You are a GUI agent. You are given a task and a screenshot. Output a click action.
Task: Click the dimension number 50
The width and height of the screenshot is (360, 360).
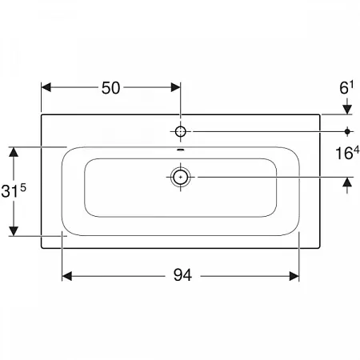point(110,88)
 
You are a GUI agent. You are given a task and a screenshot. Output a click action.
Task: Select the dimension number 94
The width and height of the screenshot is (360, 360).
point(182,275)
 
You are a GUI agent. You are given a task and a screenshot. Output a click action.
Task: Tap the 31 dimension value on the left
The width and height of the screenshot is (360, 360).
point(10,191)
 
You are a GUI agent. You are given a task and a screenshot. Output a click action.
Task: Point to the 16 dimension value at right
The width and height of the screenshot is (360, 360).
point(343,154)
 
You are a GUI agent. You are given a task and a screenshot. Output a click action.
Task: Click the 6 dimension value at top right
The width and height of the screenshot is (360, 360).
point(344,88)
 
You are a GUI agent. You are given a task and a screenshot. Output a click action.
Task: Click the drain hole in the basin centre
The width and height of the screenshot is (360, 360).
point(181,177)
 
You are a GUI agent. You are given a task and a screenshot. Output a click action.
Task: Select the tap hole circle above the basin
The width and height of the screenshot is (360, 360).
point(181,131)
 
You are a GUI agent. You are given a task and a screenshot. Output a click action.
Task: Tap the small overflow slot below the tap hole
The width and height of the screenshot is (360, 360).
point(181,150)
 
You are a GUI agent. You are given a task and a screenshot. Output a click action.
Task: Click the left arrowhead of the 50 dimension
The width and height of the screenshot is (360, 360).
point(46,87)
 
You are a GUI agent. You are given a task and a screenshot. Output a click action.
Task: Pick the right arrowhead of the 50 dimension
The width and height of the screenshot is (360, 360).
point(175,87)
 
